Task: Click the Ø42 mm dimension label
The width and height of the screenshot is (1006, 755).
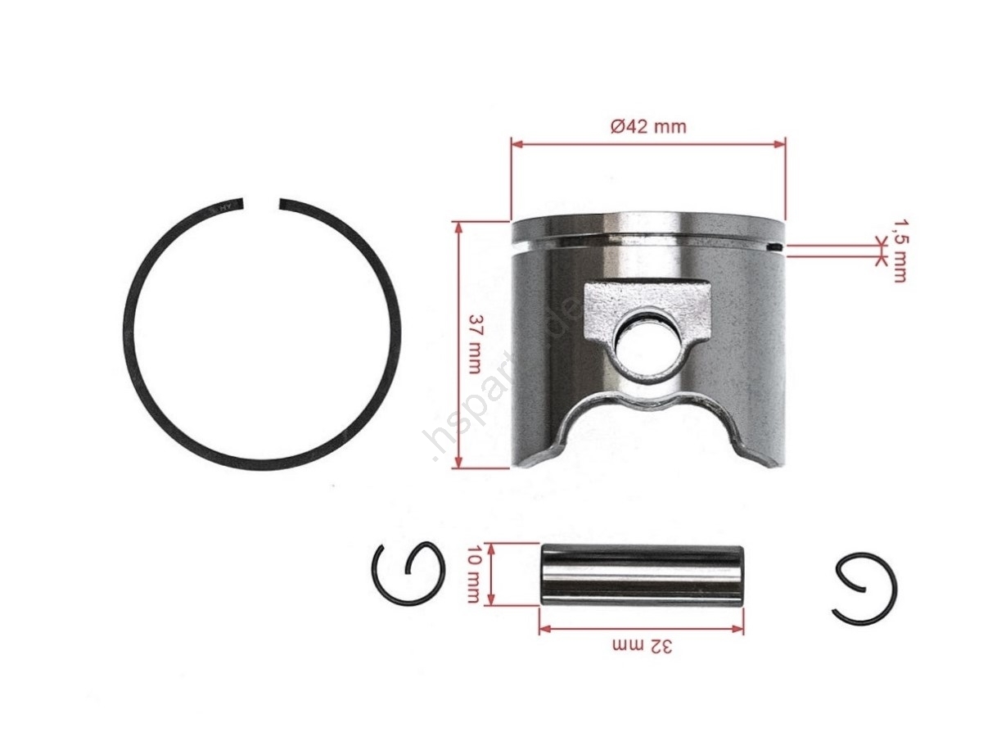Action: click(648, 126)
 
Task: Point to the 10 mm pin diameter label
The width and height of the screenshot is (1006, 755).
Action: click(472, 573)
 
